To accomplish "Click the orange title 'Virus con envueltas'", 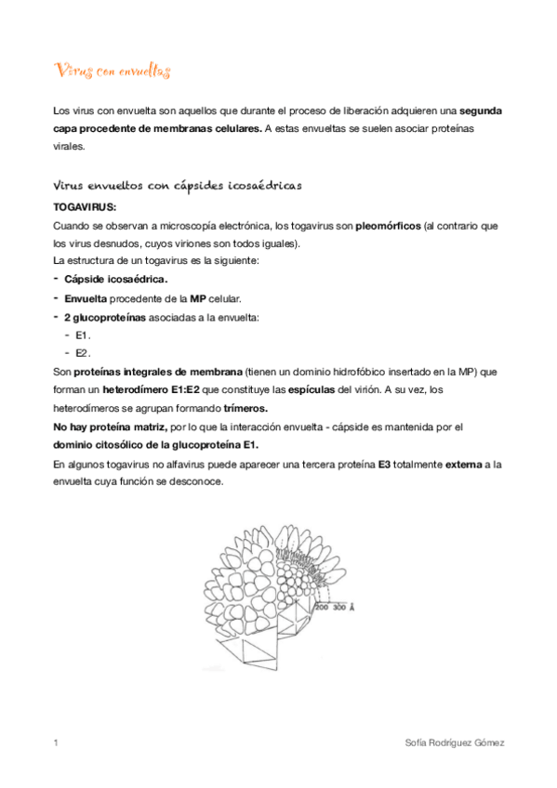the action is click(x=113, y=72).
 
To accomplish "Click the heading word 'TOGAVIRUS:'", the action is click(x=86, y=207).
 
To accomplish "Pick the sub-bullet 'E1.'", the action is click(x=83, y=335).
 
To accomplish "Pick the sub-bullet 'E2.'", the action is click(x=83, y=353).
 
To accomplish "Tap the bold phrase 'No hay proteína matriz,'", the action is click(x=110, y=427).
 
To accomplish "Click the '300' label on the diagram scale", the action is click(x=340, y=607).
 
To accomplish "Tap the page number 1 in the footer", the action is click(x=57, y=743).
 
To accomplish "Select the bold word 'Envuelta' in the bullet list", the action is click(x=86, y=298).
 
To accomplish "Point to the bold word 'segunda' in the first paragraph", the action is click(x=481, y=110).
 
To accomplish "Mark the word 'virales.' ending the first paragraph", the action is click(x=69, y=146).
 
